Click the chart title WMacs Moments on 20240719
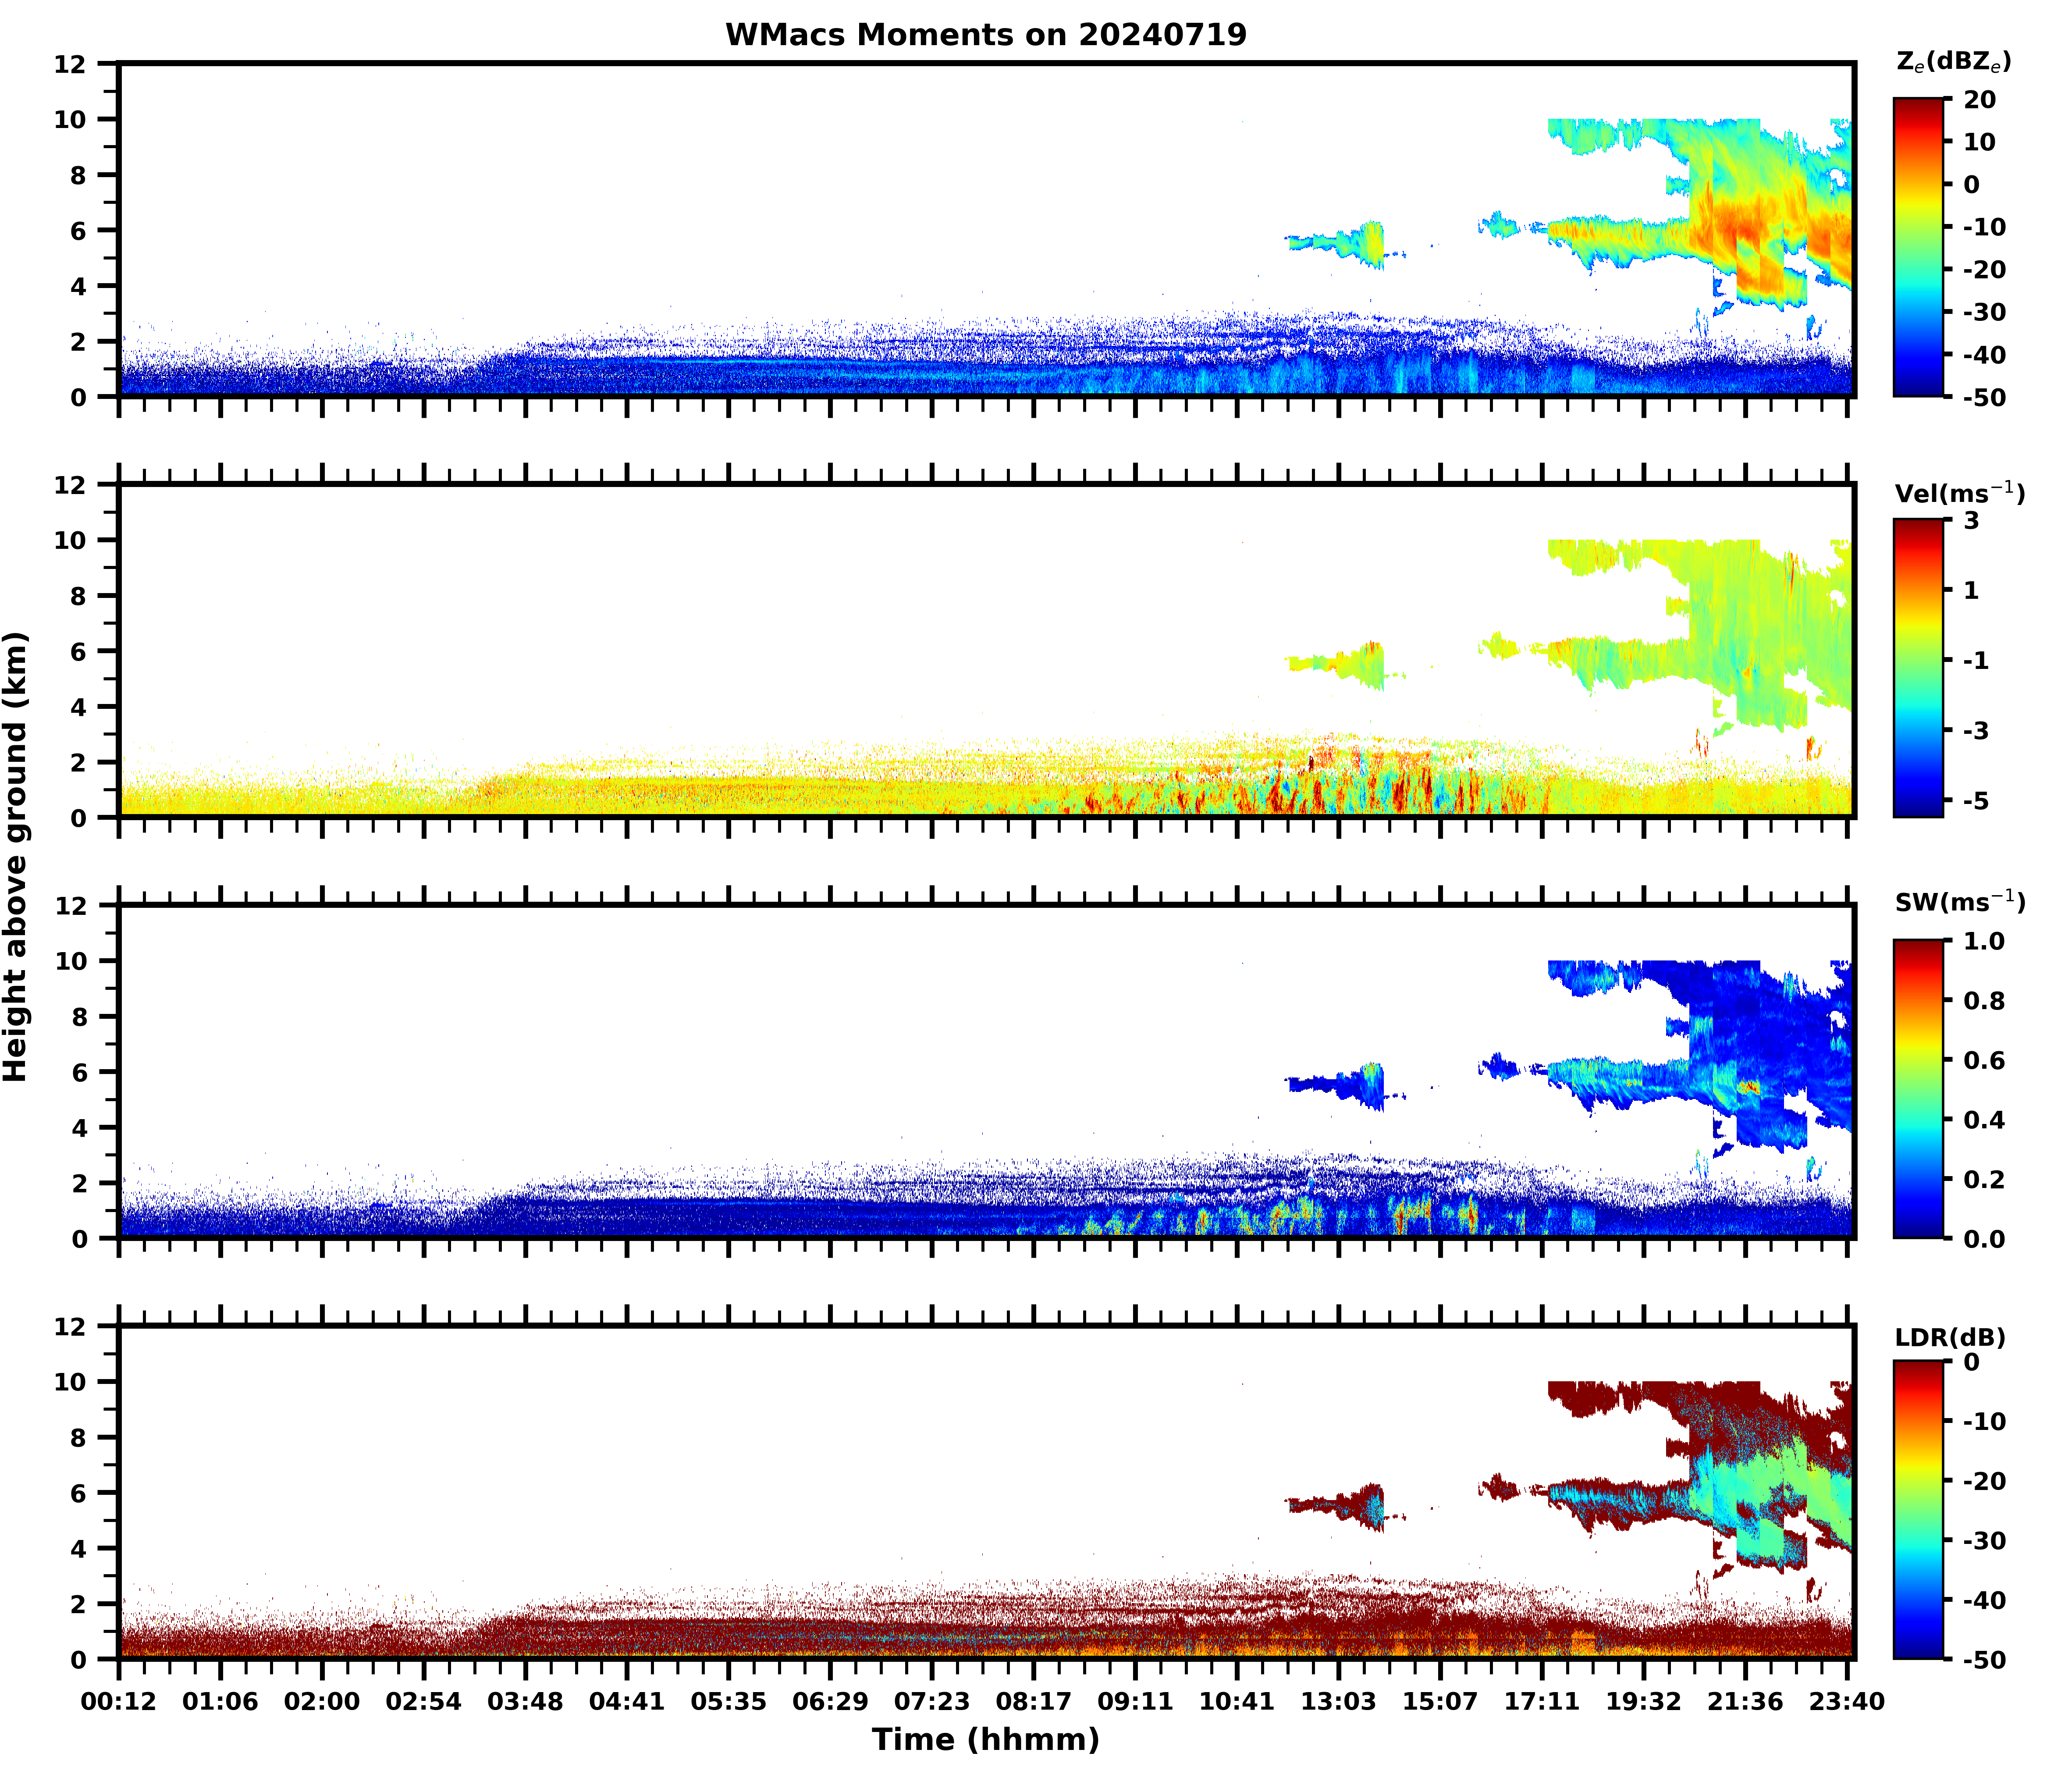[985, 35]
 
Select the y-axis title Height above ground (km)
[16, 856]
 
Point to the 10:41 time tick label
[1237, 1702]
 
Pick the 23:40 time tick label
[1845, 1702]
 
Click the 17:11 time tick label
[1541, 1702]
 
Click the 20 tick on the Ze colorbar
[1979, 100]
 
